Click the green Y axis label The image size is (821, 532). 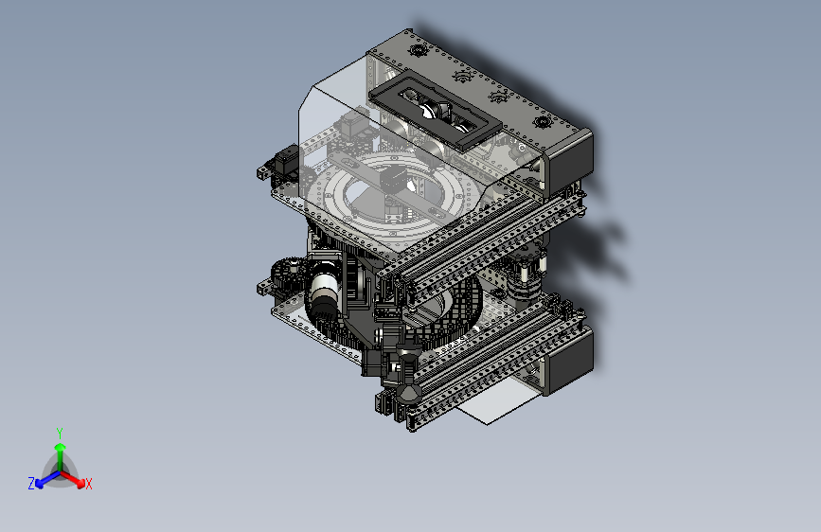tap(60, 433)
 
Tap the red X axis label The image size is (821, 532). tap(88, 484)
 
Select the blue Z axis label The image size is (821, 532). tap(31, 484)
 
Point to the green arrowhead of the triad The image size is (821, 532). tap(61, 447)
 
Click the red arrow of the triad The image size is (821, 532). tap(72, 479)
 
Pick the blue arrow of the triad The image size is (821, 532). tap(48, 479)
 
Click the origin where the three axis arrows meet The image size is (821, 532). tap(61, 472)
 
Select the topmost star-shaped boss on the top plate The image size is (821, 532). tap(418, 50)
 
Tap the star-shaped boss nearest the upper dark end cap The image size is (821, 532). tap(543, 123)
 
